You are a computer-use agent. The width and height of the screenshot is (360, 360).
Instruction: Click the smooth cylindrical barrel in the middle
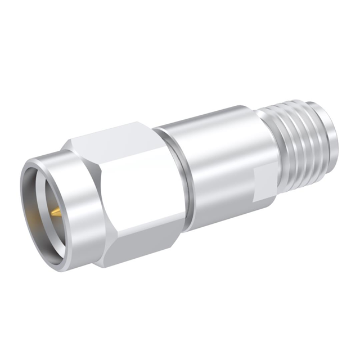coord(219,163)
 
